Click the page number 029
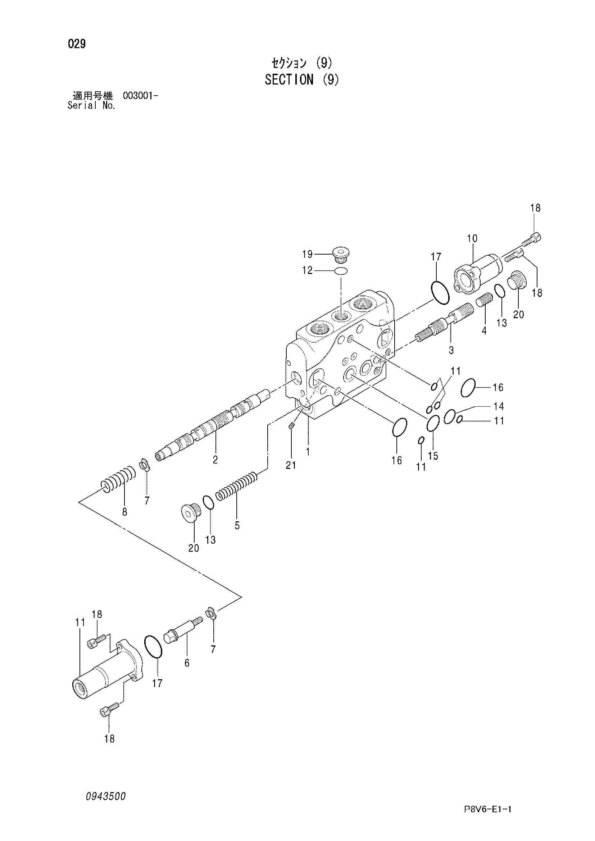point(77,44)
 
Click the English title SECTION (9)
point(302,79)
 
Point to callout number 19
point(307,254)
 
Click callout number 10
point(472,238)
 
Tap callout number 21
point(291,465)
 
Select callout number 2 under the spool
point(215,460)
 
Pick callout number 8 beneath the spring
point(124,512)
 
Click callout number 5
point(237,526)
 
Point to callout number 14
point(499,406)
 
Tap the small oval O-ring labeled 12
point(341,271)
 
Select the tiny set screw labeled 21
point(292,425)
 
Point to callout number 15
point(433,456)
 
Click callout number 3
point(451,350)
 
